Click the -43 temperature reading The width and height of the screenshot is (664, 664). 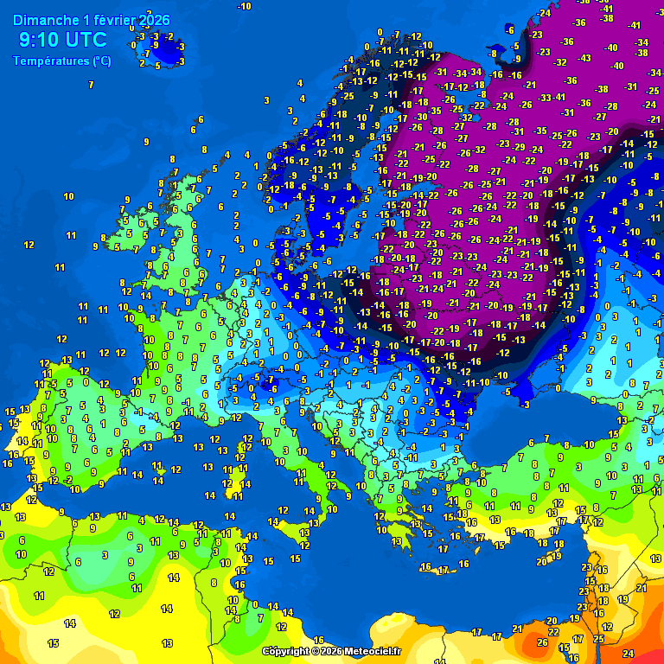coord(585,58)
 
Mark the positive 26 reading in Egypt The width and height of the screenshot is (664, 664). coord(542,642)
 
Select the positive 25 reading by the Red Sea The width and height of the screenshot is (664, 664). coord(598,638)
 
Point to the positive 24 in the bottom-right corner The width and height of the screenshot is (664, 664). coord(629,653)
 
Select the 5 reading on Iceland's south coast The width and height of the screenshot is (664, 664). coord(157,66)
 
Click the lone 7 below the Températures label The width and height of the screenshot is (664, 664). coord(91,85)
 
